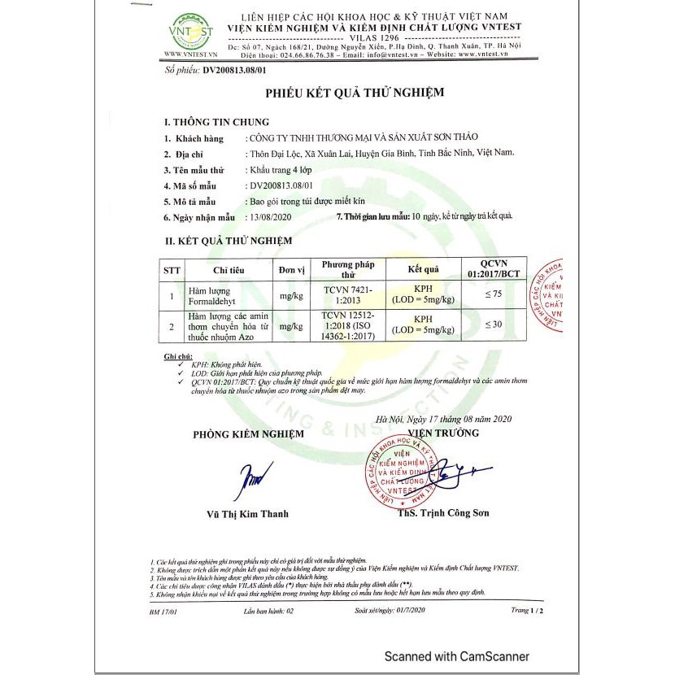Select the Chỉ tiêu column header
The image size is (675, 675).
click(x=229, y=270)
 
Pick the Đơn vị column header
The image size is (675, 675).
click(x=290, y=270)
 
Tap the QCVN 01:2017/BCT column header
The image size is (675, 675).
click(x=494, y=269)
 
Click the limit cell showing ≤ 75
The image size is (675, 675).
click(x=494, y=295)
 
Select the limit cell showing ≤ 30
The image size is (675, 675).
click(x=494, y=324)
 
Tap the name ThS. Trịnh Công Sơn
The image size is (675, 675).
click(x=443, y=514)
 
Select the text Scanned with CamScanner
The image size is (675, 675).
click(x=456, y=656)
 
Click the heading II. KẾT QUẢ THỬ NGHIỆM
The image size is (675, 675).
click(x=229, y=241)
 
